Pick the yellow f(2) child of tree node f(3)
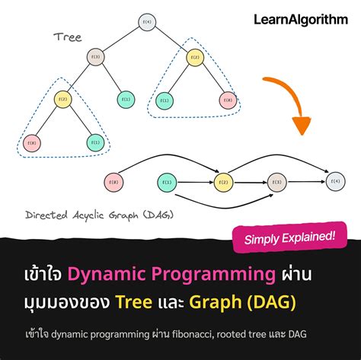[62, 98]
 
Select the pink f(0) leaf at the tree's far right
[227, 100]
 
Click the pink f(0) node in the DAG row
[113, 182]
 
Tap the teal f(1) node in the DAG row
[168, 182]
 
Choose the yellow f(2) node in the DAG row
[222, 182]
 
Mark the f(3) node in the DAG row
[277, 182]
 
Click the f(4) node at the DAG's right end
[333, 181]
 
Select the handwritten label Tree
[68, 37]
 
